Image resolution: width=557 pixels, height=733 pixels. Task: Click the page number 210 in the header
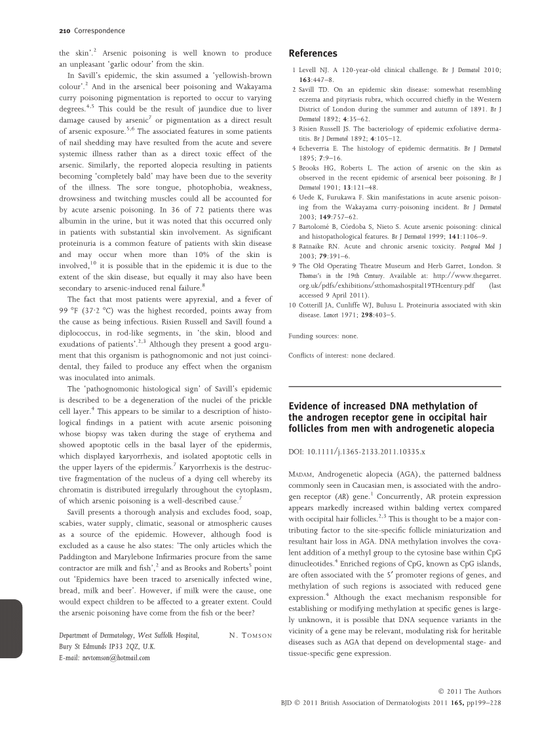coord(64,31)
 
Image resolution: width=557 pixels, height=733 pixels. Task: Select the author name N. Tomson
coord(251,635)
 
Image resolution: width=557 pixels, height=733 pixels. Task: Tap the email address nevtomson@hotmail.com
coord(104,658)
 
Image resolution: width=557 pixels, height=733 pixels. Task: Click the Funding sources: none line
coord(324,336)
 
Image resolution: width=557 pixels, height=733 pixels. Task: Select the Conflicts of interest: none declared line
coord(341,355)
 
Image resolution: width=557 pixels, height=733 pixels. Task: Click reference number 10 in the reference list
coord(292,305)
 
